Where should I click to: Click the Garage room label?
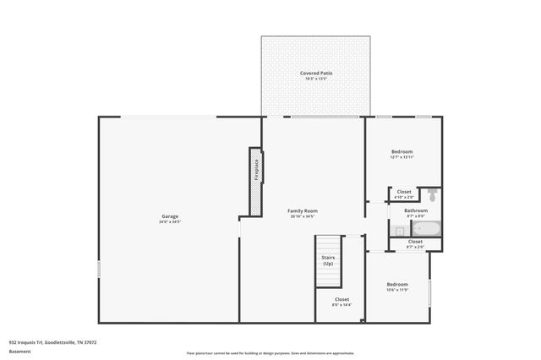(x=169, y=216)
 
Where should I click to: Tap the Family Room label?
(x=303, y=210)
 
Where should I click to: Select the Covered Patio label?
(x=315, y=74)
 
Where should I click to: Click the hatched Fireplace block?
(x=254, y=181)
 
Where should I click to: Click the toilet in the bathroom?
(x=431, y=195)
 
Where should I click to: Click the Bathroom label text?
(x=415, y=210)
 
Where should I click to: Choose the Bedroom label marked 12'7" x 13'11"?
(x=401, y=152)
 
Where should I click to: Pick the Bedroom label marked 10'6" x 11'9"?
(x=397, y=284)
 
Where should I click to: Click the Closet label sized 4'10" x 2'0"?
(x=404, y=192)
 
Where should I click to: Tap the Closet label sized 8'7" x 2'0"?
(x=415, y=242)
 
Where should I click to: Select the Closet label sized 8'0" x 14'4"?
(x=342, y=299)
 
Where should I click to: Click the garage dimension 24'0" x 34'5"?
(x=169, y=222)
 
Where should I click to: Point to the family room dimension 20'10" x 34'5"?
(x=303, y=216)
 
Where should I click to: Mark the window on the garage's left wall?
(x=99, y=269)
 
